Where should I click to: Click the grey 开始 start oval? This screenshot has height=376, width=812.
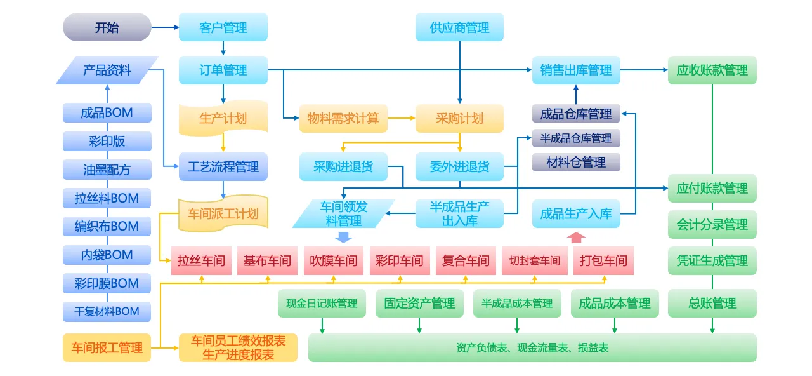[x=107, y=27]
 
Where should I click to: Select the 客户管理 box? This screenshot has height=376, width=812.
[x=223, y=27]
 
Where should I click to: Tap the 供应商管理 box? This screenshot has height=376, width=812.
[x=459, y=27]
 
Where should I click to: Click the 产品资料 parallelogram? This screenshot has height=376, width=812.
[x=107, y=70]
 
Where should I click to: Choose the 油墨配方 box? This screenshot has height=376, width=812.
[x=107, y=170]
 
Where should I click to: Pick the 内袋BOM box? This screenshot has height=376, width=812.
[x=107, y=255]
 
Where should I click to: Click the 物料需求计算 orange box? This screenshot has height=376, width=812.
[x=343, y=118]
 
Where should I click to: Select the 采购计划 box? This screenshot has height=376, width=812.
[x=459, y=118]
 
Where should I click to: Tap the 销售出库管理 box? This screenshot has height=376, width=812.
[x=576, y=70]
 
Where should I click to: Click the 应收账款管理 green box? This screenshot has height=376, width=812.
[x=712, y=70]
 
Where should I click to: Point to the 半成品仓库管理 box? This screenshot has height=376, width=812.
[x=576, y=138]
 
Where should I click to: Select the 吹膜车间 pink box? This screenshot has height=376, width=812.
[x=333, y=260]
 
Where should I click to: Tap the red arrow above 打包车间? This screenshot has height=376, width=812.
[x=576, y=238]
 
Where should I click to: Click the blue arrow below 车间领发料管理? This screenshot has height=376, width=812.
[x=343, y=238]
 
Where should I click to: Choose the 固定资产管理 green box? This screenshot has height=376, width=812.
[x=419, y=303]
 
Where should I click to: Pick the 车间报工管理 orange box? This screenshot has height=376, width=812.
[x=107, y=347]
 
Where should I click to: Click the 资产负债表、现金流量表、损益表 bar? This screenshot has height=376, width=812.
[x=532, y=347]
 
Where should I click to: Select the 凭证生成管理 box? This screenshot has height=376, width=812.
[x=712, y=260]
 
